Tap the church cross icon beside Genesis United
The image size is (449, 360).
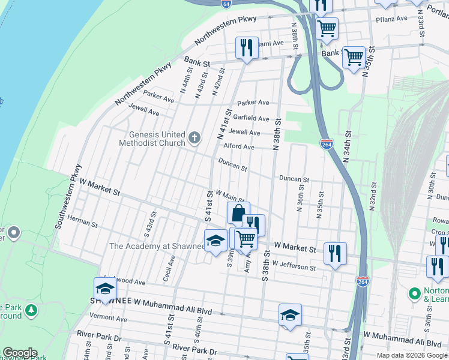pyautogui.click(x=194, y=139)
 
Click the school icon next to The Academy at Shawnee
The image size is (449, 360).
pyautogui.click(x=215, y=241)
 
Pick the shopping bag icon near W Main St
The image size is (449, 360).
pyautogui.click(x=238, y=213)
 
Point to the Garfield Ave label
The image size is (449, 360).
pyautogui.click(x=252, y=118)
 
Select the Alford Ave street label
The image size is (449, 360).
pyautogui.click(x=239, y=147)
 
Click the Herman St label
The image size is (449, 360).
pyautogui.click(x=83, y=223)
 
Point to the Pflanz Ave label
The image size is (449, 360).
pyautogui.click(x=393, y=19)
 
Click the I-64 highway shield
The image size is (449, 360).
pyautogui.click(x=225, y=4)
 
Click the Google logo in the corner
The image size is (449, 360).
pyautogui.click(x=19, y=353)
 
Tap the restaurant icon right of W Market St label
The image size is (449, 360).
pyautogui.click(x=335, y=253)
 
